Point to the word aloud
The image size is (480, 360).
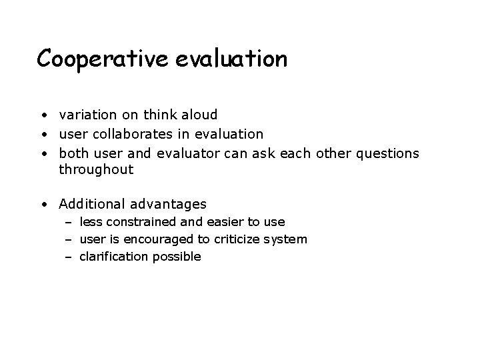(199, 115)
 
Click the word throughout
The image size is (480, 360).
(96, 169)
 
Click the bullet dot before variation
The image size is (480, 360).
(43, 115)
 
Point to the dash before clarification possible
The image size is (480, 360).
(68, 257)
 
